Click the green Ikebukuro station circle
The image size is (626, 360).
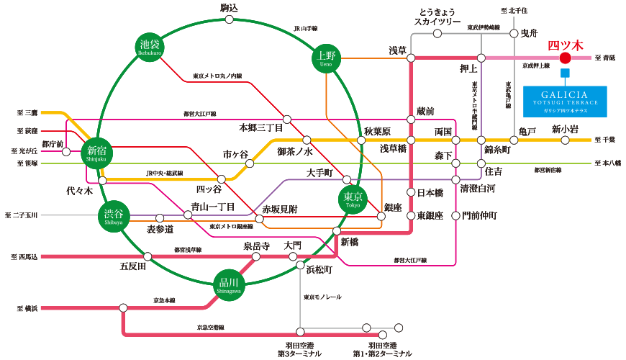click(150, 48)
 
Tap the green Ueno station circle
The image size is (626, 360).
click(327, 58)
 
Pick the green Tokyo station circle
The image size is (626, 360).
click(353, 197)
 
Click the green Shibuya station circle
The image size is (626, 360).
click(113, 215)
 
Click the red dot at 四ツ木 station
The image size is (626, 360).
click(565, 58)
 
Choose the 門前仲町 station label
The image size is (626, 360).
click(479, 215)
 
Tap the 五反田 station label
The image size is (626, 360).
click(133, 266)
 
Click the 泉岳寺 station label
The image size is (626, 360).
click(255, 246)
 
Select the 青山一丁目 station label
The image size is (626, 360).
click(213, 207)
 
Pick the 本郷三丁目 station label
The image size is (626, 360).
click(261, 127)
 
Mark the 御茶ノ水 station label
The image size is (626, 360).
click(295, 151)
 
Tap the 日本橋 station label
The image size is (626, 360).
click(432, 192)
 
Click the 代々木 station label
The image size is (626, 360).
click(79, 192)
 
